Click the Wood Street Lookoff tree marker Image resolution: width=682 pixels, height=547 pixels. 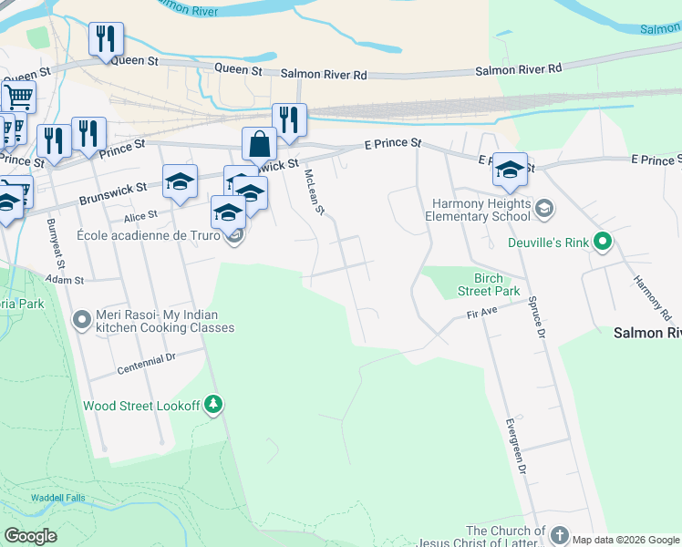[213, 404]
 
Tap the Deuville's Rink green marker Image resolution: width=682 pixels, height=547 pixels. [602, 243]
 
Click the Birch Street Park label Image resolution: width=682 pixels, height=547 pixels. [496, 284]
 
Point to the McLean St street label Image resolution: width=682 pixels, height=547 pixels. [315, 191]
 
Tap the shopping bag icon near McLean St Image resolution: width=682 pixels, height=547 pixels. [260, 144]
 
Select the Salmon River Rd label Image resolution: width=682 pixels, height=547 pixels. [324, 73]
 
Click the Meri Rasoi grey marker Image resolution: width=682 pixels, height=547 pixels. [82, 319]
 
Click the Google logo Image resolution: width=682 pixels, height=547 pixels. [30, 535]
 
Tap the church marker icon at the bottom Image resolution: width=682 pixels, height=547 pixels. [559, 535]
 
